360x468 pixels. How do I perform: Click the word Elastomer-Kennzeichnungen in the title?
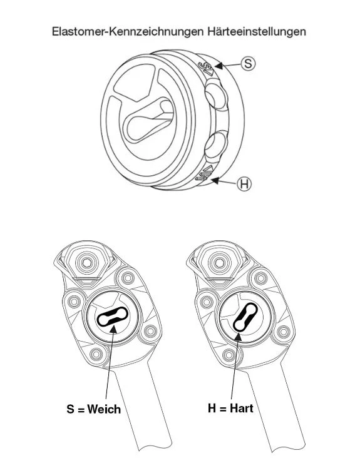coord(128,31)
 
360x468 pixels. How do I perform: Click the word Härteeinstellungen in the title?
coord(257,31)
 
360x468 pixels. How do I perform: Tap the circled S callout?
coord(248,63)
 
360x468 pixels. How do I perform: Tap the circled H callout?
coord(244,184)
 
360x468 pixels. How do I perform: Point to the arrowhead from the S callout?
coord(219,65)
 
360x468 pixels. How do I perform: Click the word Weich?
coord(105,409)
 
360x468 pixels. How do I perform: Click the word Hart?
coord(242,408)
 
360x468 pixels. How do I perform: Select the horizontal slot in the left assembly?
coord(113,317)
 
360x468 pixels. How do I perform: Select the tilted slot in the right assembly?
coord(245,317)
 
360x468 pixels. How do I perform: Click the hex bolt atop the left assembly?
coord(87,263)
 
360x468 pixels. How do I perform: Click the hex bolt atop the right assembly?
coord(220,263)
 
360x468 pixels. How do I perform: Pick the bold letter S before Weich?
coord(71,409)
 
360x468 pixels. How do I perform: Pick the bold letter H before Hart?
coord(212,408)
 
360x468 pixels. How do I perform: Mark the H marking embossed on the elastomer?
coord(204,174)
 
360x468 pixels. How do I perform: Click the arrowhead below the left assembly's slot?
coord(113,328)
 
